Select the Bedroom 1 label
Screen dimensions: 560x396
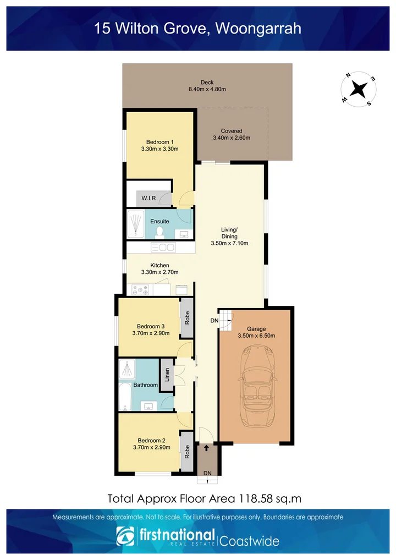[160, 141]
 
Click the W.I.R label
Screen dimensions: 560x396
[147, 197]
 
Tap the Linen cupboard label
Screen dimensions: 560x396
[166, 375]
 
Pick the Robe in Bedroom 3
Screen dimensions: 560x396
[188, 318]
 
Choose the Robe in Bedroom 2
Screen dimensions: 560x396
[188, 452]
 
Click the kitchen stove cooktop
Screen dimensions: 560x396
[140, 289]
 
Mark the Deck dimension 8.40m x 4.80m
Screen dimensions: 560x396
[207, 90]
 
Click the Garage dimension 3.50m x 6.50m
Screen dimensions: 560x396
[256, 335]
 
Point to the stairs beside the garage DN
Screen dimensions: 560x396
[226, 321]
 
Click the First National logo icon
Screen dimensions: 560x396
[125, 537]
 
